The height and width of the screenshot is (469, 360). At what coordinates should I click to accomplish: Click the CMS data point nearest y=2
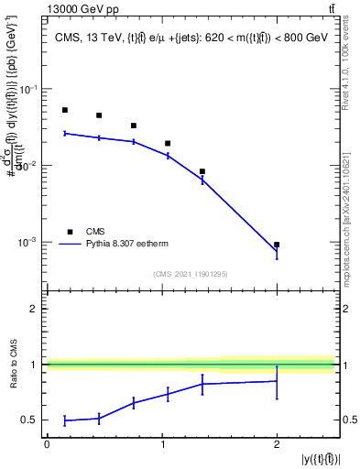click(277, 245)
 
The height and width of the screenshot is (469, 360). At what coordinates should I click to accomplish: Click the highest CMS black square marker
click(65, 110)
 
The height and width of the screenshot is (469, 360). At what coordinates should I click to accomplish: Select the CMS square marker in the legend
click(71, 232)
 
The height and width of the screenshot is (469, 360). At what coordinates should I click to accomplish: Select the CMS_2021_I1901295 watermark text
click(190, 274)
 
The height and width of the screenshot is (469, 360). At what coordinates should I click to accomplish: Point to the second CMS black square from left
click(99, 115)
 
